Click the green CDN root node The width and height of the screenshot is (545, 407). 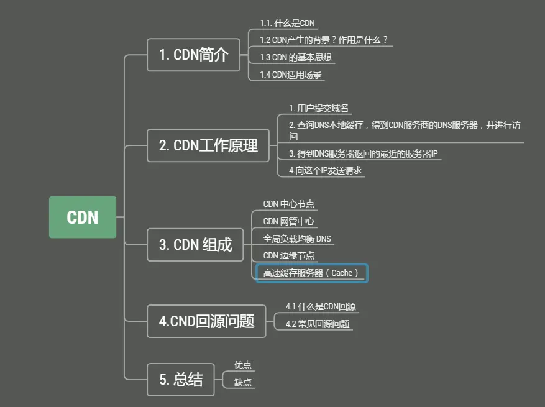83,217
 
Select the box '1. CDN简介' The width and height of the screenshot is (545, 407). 193,55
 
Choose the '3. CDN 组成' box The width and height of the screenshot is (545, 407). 195,244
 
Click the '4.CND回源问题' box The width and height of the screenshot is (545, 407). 206,321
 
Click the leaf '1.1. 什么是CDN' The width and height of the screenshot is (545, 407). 287,24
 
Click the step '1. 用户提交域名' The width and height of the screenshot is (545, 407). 319,108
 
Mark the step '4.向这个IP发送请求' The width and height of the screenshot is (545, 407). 325,170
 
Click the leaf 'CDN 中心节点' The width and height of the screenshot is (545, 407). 289,204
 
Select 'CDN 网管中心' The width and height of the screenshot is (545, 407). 289,221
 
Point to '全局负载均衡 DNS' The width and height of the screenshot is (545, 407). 297,239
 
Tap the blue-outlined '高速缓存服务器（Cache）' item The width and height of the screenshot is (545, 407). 312,273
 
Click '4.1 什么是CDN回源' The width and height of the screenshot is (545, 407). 321,306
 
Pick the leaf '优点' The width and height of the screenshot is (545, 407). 243,365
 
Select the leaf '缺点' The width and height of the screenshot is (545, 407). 243,383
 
